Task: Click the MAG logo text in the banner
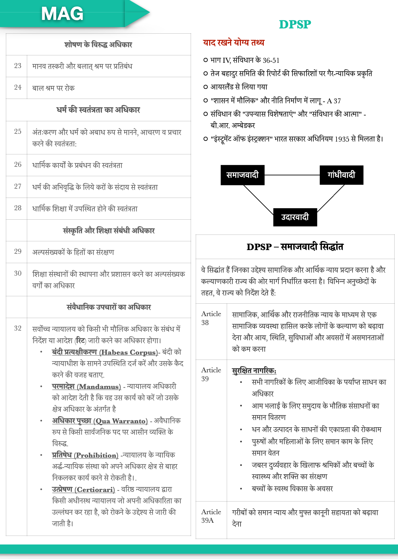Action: tap(62, 14)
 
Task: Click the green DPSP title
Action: tap(295, 25)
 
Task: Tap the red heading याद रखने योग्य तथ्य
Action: tap(233, 42)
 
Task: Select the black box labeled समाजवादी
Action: tap(242, 175)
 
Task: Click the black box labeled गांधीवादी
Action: tap(341, 175)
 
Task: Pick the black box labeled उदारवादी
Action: tap(295, 217)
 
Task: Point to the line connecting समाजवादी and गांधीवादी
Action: tap(292, 175)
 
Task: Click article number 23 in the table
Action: tap(18, 66)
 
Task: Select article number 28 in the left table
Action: tap(18, 208)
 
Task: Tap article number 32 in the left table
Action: tap(18, 329)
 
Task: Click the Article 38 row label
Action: tap(211, 318)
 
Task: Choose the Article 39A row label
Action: tap(211, 516)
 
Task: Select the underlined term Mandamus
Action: tap(99, 387)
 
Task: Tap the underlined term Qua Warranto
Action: tap(121, 421)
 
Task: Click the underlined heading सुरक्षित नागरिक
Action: tap(254, 371)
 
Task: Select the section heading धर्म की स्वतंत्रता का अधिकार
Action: tap(98, 110)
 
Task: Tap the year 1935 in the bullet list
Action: tap(342, 139)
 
